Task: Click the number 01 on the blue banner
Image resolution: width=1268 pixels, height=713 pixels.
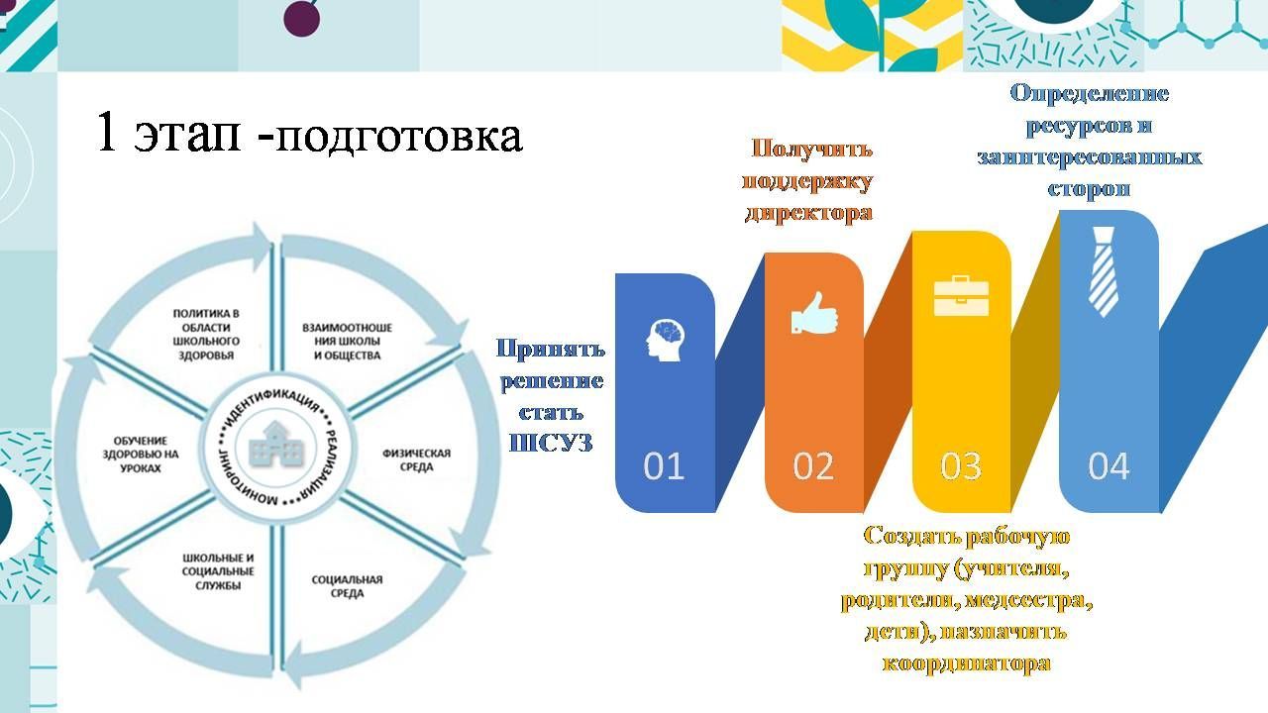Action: [664, 466]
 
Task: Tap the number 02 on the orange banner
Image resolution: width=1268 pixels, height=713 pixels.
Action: [813, 466]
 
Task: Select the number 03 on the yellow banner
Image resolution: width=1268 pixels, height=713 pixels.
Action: [961, 466]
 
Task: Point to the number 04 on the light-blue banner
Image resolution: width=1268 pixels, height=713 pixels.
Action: [1109, 466]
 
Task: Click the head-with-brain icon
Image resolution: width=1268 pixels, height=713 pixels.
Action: [665, 340]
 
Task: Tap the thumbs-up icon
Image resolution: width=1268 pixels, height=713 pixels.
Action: [814, 313]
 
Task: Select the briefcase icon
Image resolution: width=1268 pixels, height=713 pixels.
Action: [961, 295]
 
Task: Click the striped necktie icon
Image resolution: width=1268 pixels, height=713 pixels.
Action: [1104, 271]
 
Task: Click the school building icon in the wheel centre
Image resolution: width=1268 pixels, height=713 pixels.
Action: [275, 445]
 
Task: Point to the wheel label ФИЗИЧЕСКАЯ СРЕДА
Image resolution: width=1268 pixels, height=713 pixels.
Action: [417, 459]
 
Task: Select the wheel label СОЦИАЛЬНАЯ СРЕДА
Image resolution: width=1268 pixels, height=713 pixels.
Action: [347, 586]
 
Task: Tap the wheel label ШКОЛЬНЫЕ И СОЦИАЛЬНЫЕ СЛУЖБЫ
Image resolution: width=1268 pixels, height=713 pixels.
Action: [218, 571]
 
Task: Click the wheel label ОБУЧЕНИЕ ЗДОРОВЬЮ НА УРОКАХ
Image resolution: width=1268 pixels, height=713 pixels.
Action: [141, 455]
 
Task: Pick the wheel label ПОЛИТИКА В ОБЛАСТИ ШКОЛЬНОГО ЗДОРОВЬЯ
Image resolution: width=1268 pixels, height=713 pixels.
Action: [206, 335]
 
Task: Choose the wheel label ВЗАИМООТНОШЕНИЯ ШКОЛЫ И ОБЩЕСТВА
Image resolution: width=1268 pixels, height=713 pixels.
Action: [347, 342]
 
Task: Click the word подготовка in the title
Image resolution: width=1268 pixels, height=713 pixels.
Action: [398, 136]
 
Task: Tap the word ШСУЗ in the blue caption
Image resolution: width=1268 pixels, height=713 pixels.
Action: [550, 443]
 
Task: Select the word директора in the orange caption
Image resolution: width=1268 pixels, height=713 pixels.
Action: [807, 213]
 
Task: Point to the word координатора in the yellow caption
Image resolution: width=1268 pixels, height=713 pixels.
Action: [966, 663]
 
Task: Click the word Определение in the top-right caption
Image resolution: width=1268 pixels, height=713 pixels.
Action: [1089, 93]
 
